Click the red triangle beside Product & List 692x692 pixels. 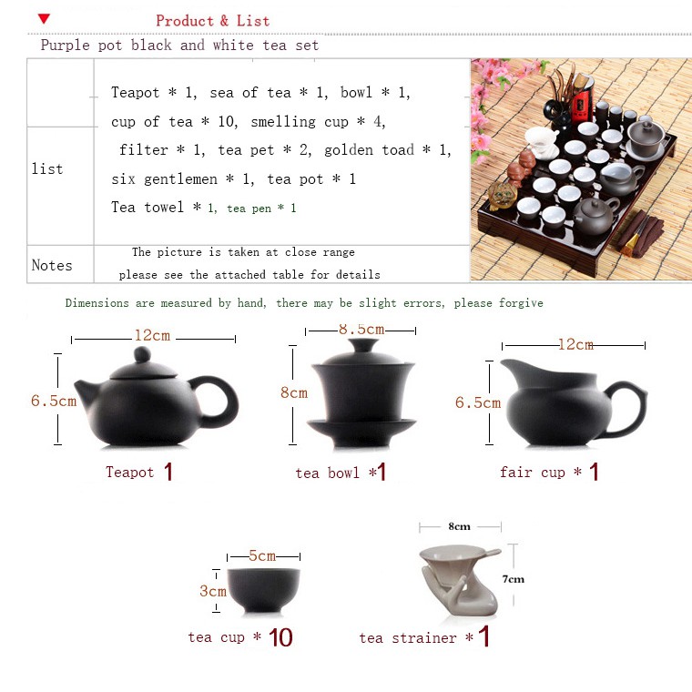pos(44,18)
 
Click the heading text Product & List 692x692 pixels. pos(213,21)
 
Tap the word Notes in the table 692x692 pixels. pos(52,265)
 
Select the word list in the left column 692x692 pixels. pos(47,168)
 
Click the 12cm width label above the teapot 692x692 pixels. pos(152,335)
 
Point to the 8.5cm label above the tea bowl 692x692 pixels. pos(361,330)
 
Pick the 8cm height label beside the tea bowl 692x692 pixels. pos(294,392)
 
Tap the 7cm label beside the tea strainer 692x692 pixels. pos(514,579)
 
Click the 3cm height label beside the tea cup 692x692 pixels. pos(213,591)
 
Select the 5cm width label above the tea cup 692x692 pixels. pos(262,555)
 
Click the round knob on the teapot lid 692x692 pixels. pos(142,354)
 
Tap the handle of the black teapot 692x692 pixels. pos(219,402)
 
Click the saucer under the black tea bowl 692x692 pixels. pos(361,432)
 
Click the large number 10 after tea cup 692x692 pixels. pos(280,637)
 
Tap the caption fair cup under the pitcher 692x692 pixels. pos(533,473)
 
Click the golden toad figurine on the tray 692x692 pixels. pos(503,195)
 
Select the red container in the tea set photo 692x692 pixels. pos(583,104)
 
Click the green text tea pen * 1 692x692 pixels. pos(261,209)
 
